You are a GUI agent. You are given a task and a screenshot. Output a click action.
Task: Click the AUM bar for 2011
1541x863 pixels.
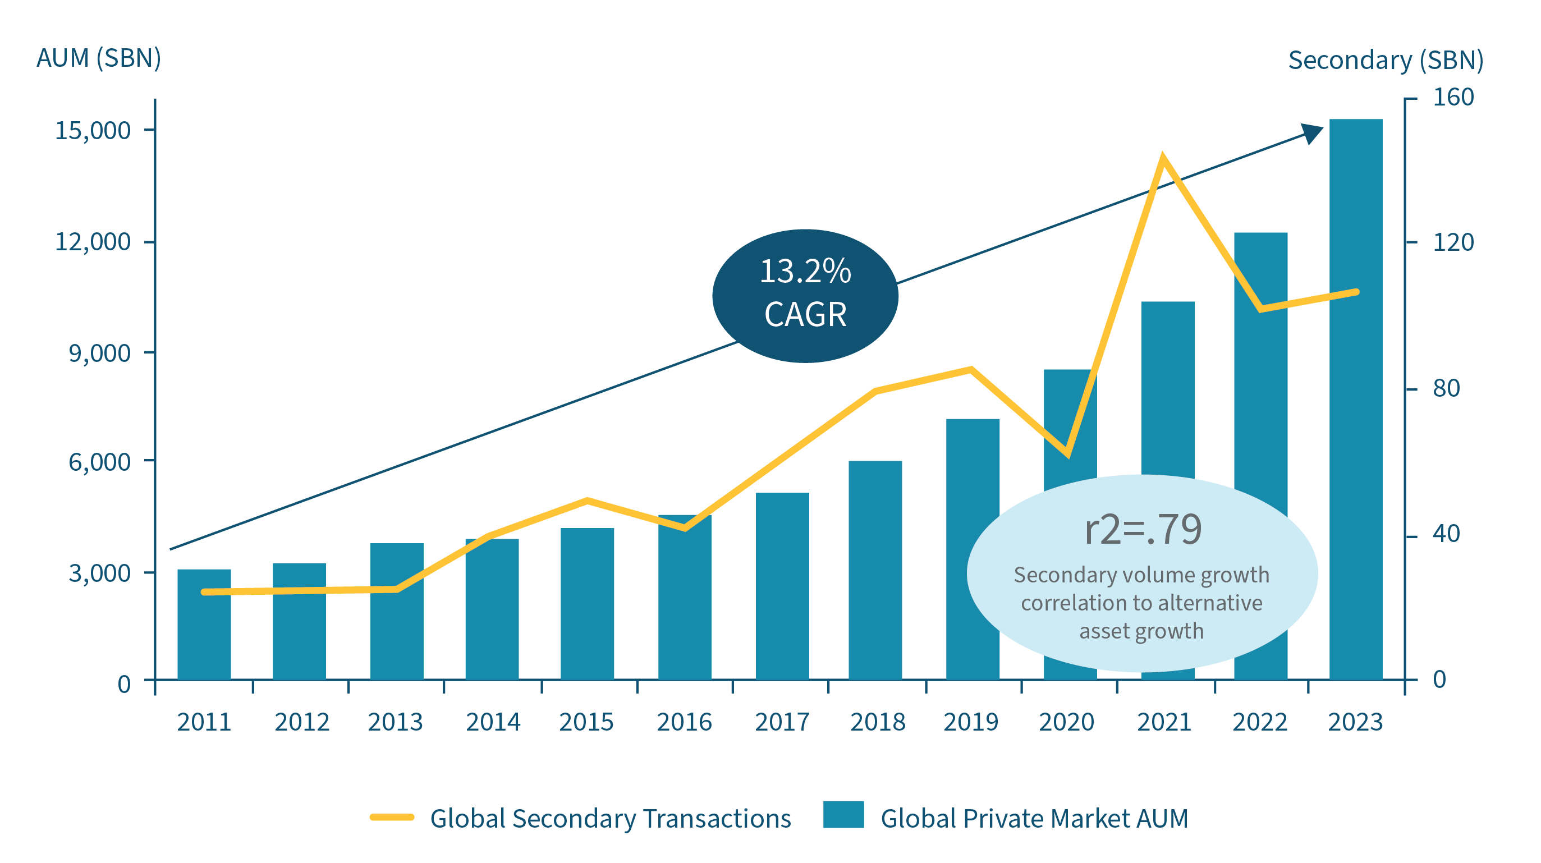[x=204, y=625]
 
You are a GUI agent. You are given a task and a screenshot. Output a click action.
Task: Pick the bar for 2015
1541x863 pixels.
[x=587, y=603]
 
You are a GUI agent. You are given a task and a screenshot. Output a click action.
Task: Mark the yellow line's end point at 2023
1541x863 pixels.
[x=1356, y=292]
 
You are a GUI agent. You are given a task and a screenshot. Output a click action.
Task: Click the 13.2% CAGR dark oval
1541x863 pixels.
[x=805, y=296]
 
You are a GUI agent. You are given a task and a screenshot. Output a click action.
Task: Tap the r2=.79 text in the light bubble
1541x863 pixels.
[x=1143, y=529]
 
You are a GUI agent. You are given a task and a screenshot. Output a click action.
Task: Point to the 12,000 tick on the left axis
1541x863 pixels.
[x=93, y=242]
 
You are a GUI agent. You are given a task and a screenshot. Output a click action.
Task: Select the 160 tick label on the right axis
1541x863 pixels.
[x=1452, y=98]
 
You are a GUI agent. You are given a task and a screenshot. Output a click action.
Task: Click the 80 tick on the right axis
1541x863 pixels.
[x=1446, y=389]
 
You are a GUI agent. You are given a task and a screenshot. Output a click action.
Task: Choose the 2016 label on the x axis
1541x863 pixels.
[x=684, y=722]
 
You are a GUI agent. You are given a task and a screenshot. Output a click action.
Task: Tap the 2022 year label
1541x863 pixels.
[x=1260, y=722]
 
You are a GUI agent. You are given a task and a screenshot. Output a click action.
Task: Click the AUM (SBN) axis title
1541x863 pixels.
[x=99, y=58]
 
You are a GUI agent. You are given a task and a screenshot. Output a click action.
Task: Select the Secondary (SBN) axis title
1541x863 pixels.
[x=1386, y=61]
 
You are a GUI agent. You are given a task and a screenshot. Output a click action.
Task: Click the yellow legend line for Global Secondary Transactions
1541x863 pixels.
[x=392, y=817]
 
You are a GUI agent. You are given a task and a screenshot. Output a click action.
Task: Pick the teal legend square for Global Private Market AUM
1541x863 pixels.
[x=843, y=814]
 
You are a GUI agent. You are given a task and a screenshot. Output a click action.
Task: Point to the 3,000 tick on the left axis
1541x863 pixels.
[x=99, y=573]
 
